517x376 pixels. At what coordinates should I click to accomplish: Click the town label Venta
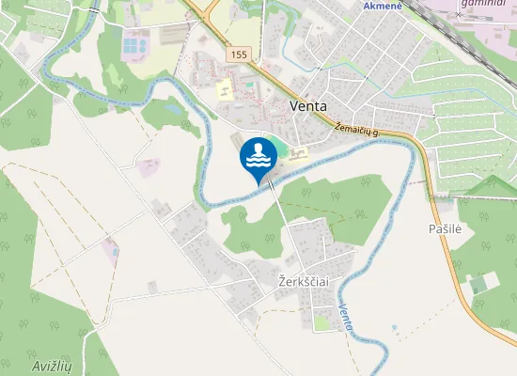tap(308, 105)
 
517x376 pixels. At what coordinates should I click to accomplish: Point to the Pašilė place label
tap(445, 229)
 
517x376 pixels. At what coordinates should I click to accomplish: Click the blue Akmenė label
tap(383, 6)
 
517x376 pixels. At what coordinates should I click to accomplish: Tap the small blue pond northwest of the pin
tap(176, 108)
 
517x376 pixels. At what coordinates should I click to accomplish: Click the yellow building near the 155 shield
tap(225, 91)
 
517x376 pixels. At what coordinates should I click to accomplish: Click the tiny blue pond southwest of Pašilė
tap(394, 328)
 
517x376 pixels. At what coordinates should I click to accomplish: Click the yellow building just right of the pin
tap(296, 154)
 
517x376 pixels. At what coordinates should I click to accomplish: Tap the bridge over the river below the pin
tap(273, 184)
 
